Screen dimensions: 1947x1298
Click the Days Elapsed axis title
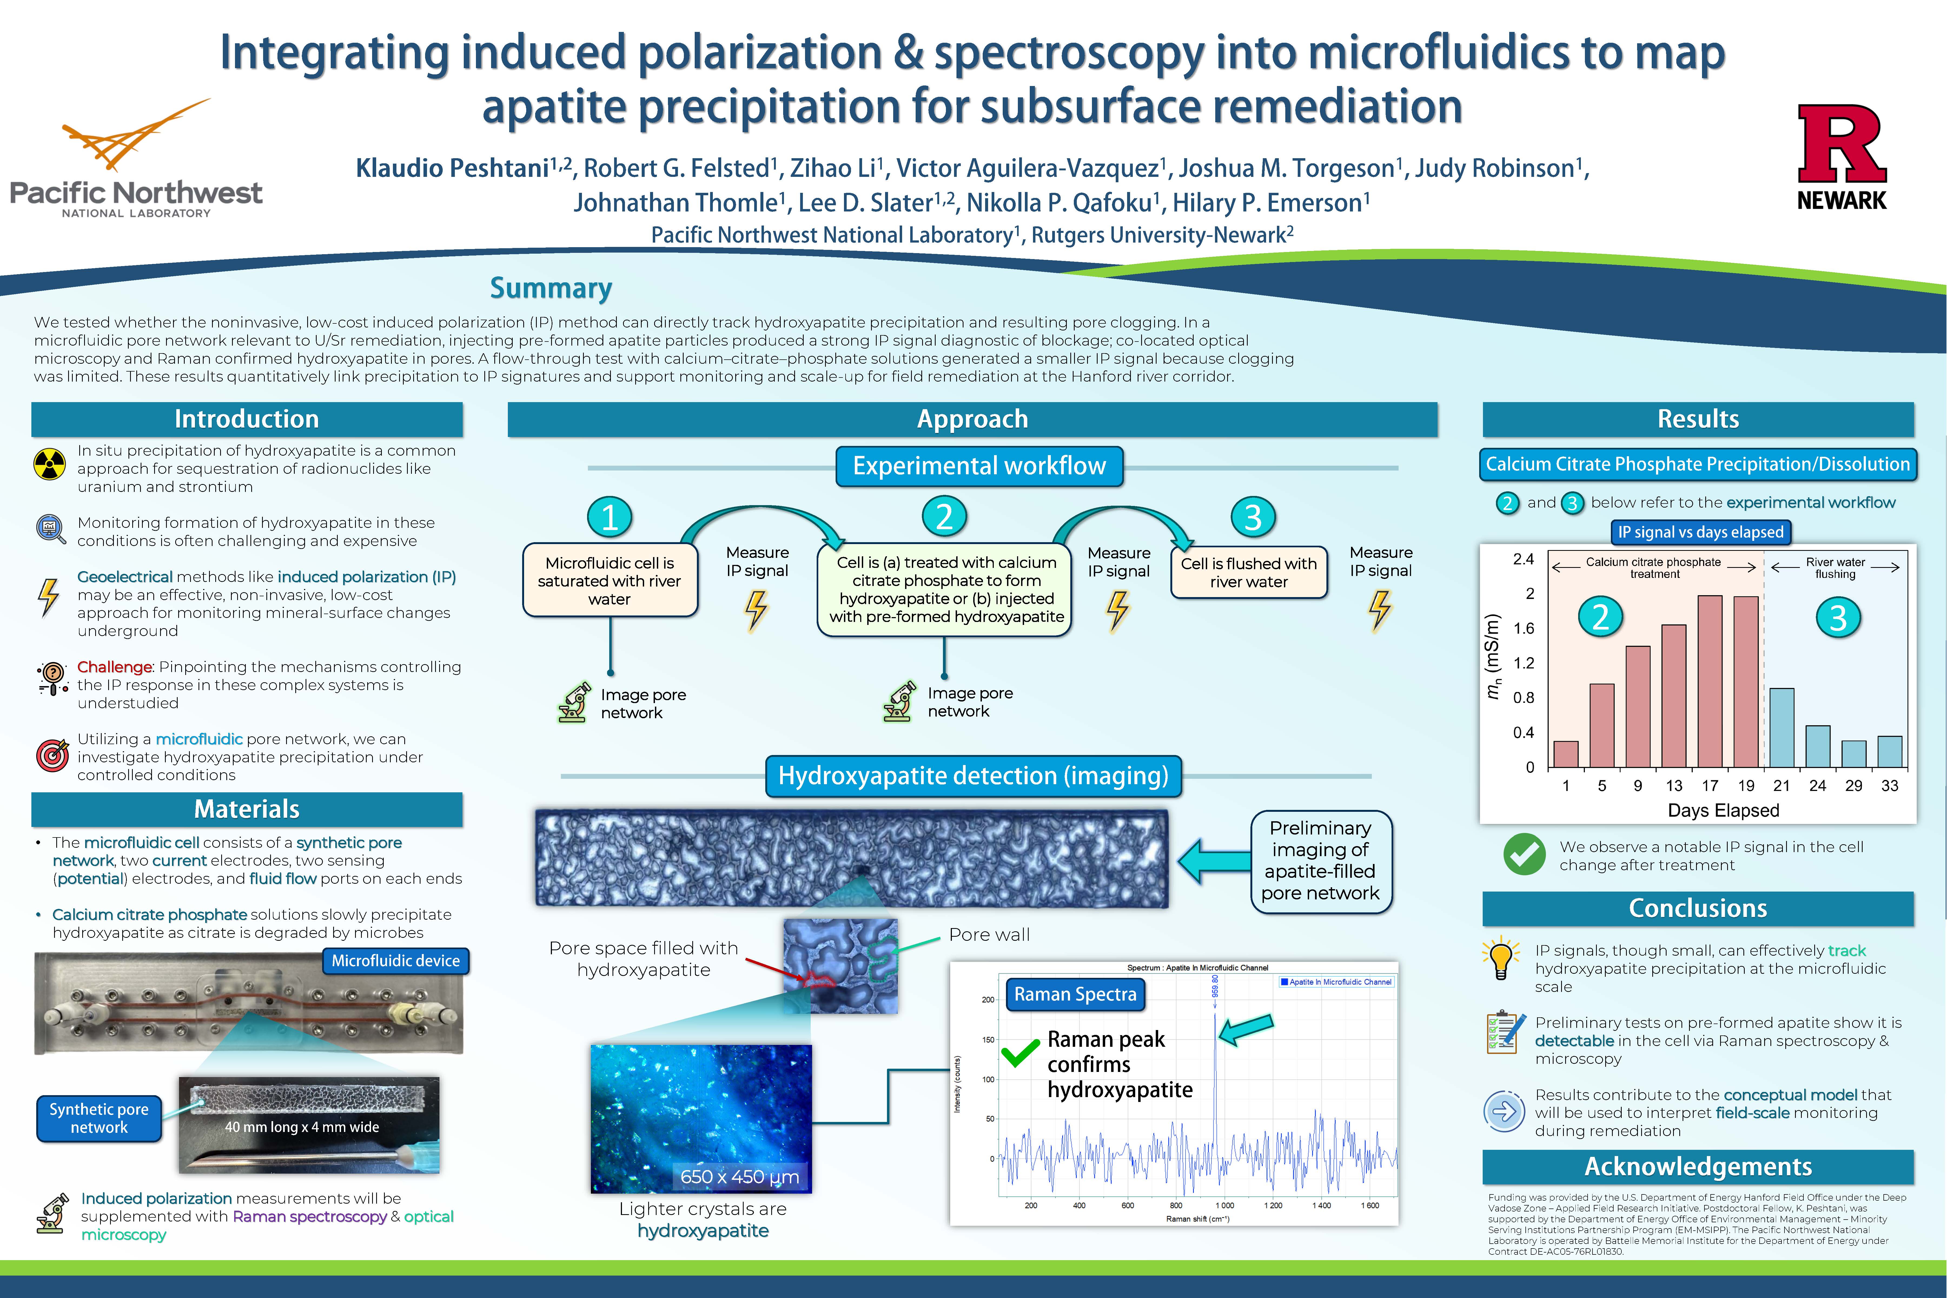coord(1723,810)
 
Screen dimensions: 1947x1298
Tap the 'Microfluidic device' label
coord(396,961)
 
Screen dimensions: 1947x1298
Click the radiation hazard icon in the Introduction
coord(50,464)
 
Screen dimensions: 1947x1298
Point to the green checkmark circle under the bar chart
coord(1524,854)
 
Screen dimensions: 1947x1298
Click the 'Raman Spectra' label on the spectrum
coord(1075,994)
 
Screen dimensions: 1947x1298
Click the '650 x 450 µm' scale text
coord(739,1176)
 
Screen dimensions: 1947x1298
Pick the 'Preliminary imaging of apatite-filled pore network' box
coord(1320,861)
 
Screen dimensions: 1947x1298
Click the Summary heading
coord(551,288)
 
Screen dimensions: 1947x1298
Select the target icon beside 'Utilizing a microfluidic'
coord(52,755)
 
